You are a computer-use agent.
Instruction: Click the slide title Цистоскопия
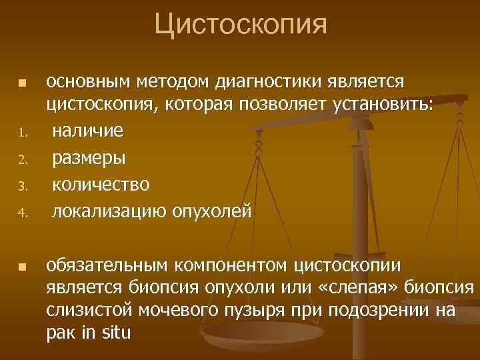coord(241,25)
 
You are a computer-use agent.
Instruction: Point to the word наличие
coord(87,131)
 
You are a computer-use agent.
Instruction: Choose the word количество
coord(101,184)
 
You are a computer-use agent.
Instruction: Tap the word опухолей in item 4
coord(215,212)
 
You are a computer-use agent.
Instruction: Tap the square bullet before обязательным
coord(22,267)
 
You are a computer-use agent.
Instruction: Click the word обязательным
coord(107,266)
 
